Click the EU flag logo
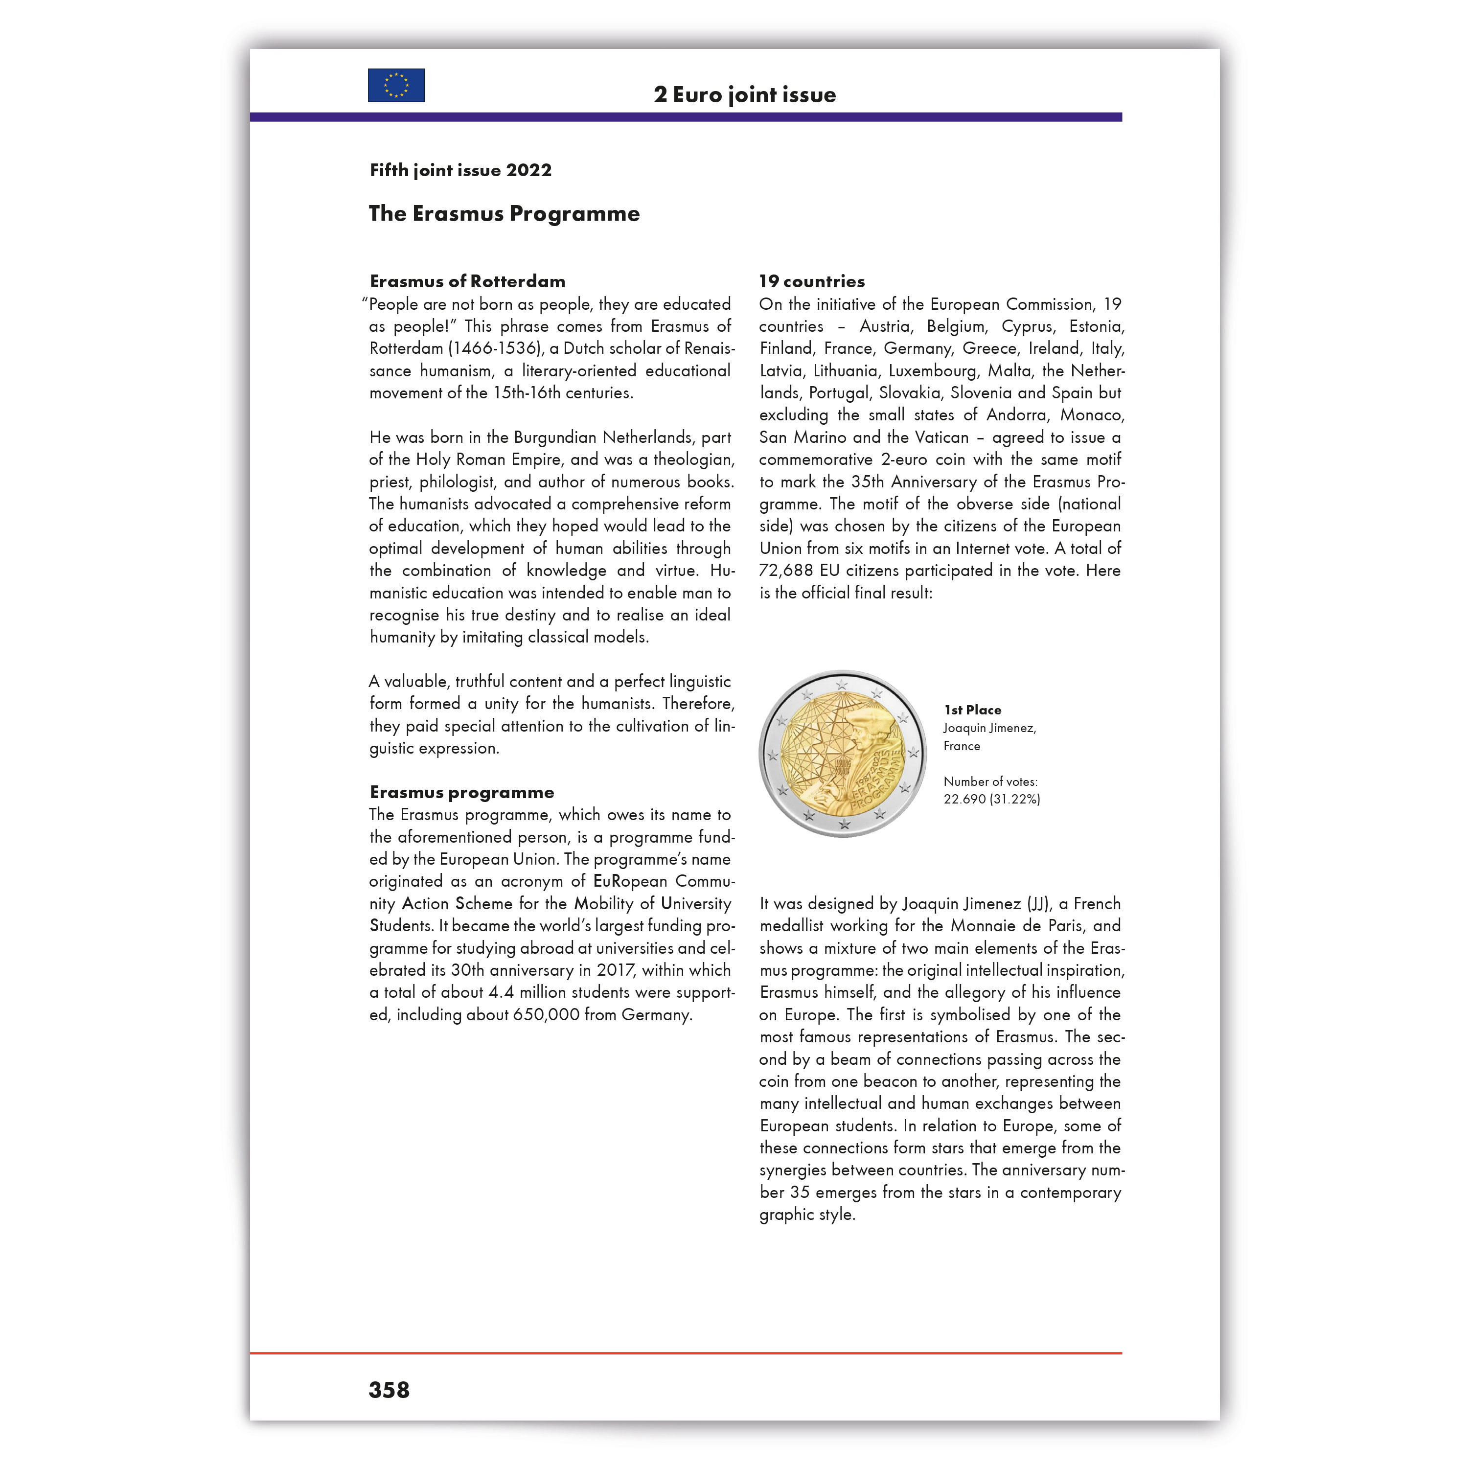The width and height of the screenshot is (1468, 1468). point(396,85)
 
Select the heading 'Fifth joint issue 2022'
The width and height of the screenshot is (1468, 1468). point(460,170)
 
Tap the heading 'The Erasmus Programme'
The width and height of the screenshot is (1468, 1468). point(504,213)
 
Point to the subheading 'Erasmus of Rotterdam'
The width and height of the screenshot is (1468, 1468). point(467,281)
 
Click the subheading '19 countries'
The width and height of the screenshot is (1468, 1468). point(811,281)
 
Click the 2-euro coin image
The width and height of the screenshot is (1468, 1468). point(843,753)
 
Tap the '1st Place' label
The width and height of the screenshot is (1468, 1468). point(973,710)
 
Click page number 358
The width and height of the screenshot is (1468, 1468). point(389,1390)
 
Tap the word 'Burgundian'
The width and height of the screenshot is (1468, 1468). point(555,437)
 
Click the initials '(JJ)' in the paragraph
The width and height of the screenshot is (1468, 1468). point(1039,903)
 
